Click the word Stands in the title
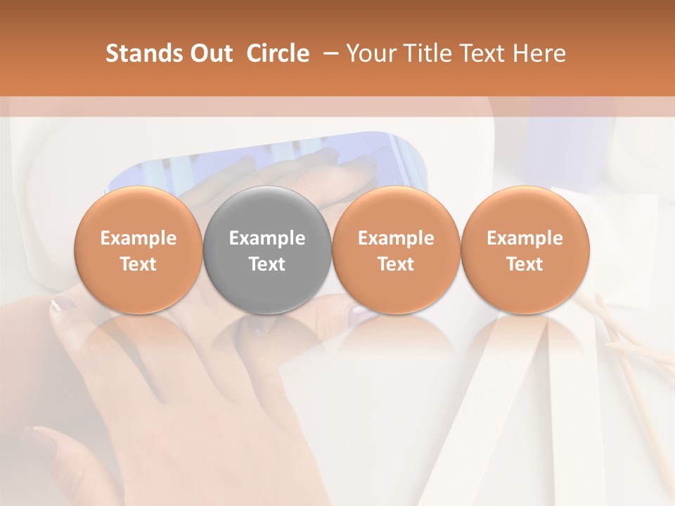pos(137,53)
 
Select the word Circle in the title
pos(278,53)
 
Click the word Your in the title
pos(370,53)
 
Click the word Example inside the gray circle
pos(267,238)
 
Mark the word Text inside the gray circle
pos(267,264)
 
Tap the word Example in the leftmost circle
pos(138,238)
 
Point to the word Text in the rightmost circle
pos(525,264)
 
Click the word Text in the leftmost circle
pos(138,264)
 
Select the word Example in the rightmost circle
pos(525,238)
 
